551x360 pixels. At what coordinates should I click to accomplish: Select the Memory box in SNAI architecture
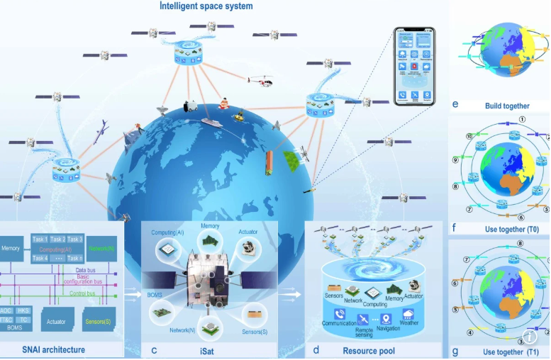11,249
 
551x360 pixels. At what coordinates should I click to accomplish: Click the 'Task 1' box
40,240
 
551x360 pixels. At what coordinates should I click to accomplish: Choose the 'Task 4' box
40,259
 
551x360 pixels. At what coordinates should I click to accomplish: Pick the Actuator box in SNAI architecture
56,322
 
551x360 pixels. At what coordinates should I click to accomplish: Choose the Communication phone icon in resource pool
340,314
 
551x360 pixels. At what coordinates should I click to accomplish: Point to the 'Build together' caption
507,106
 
